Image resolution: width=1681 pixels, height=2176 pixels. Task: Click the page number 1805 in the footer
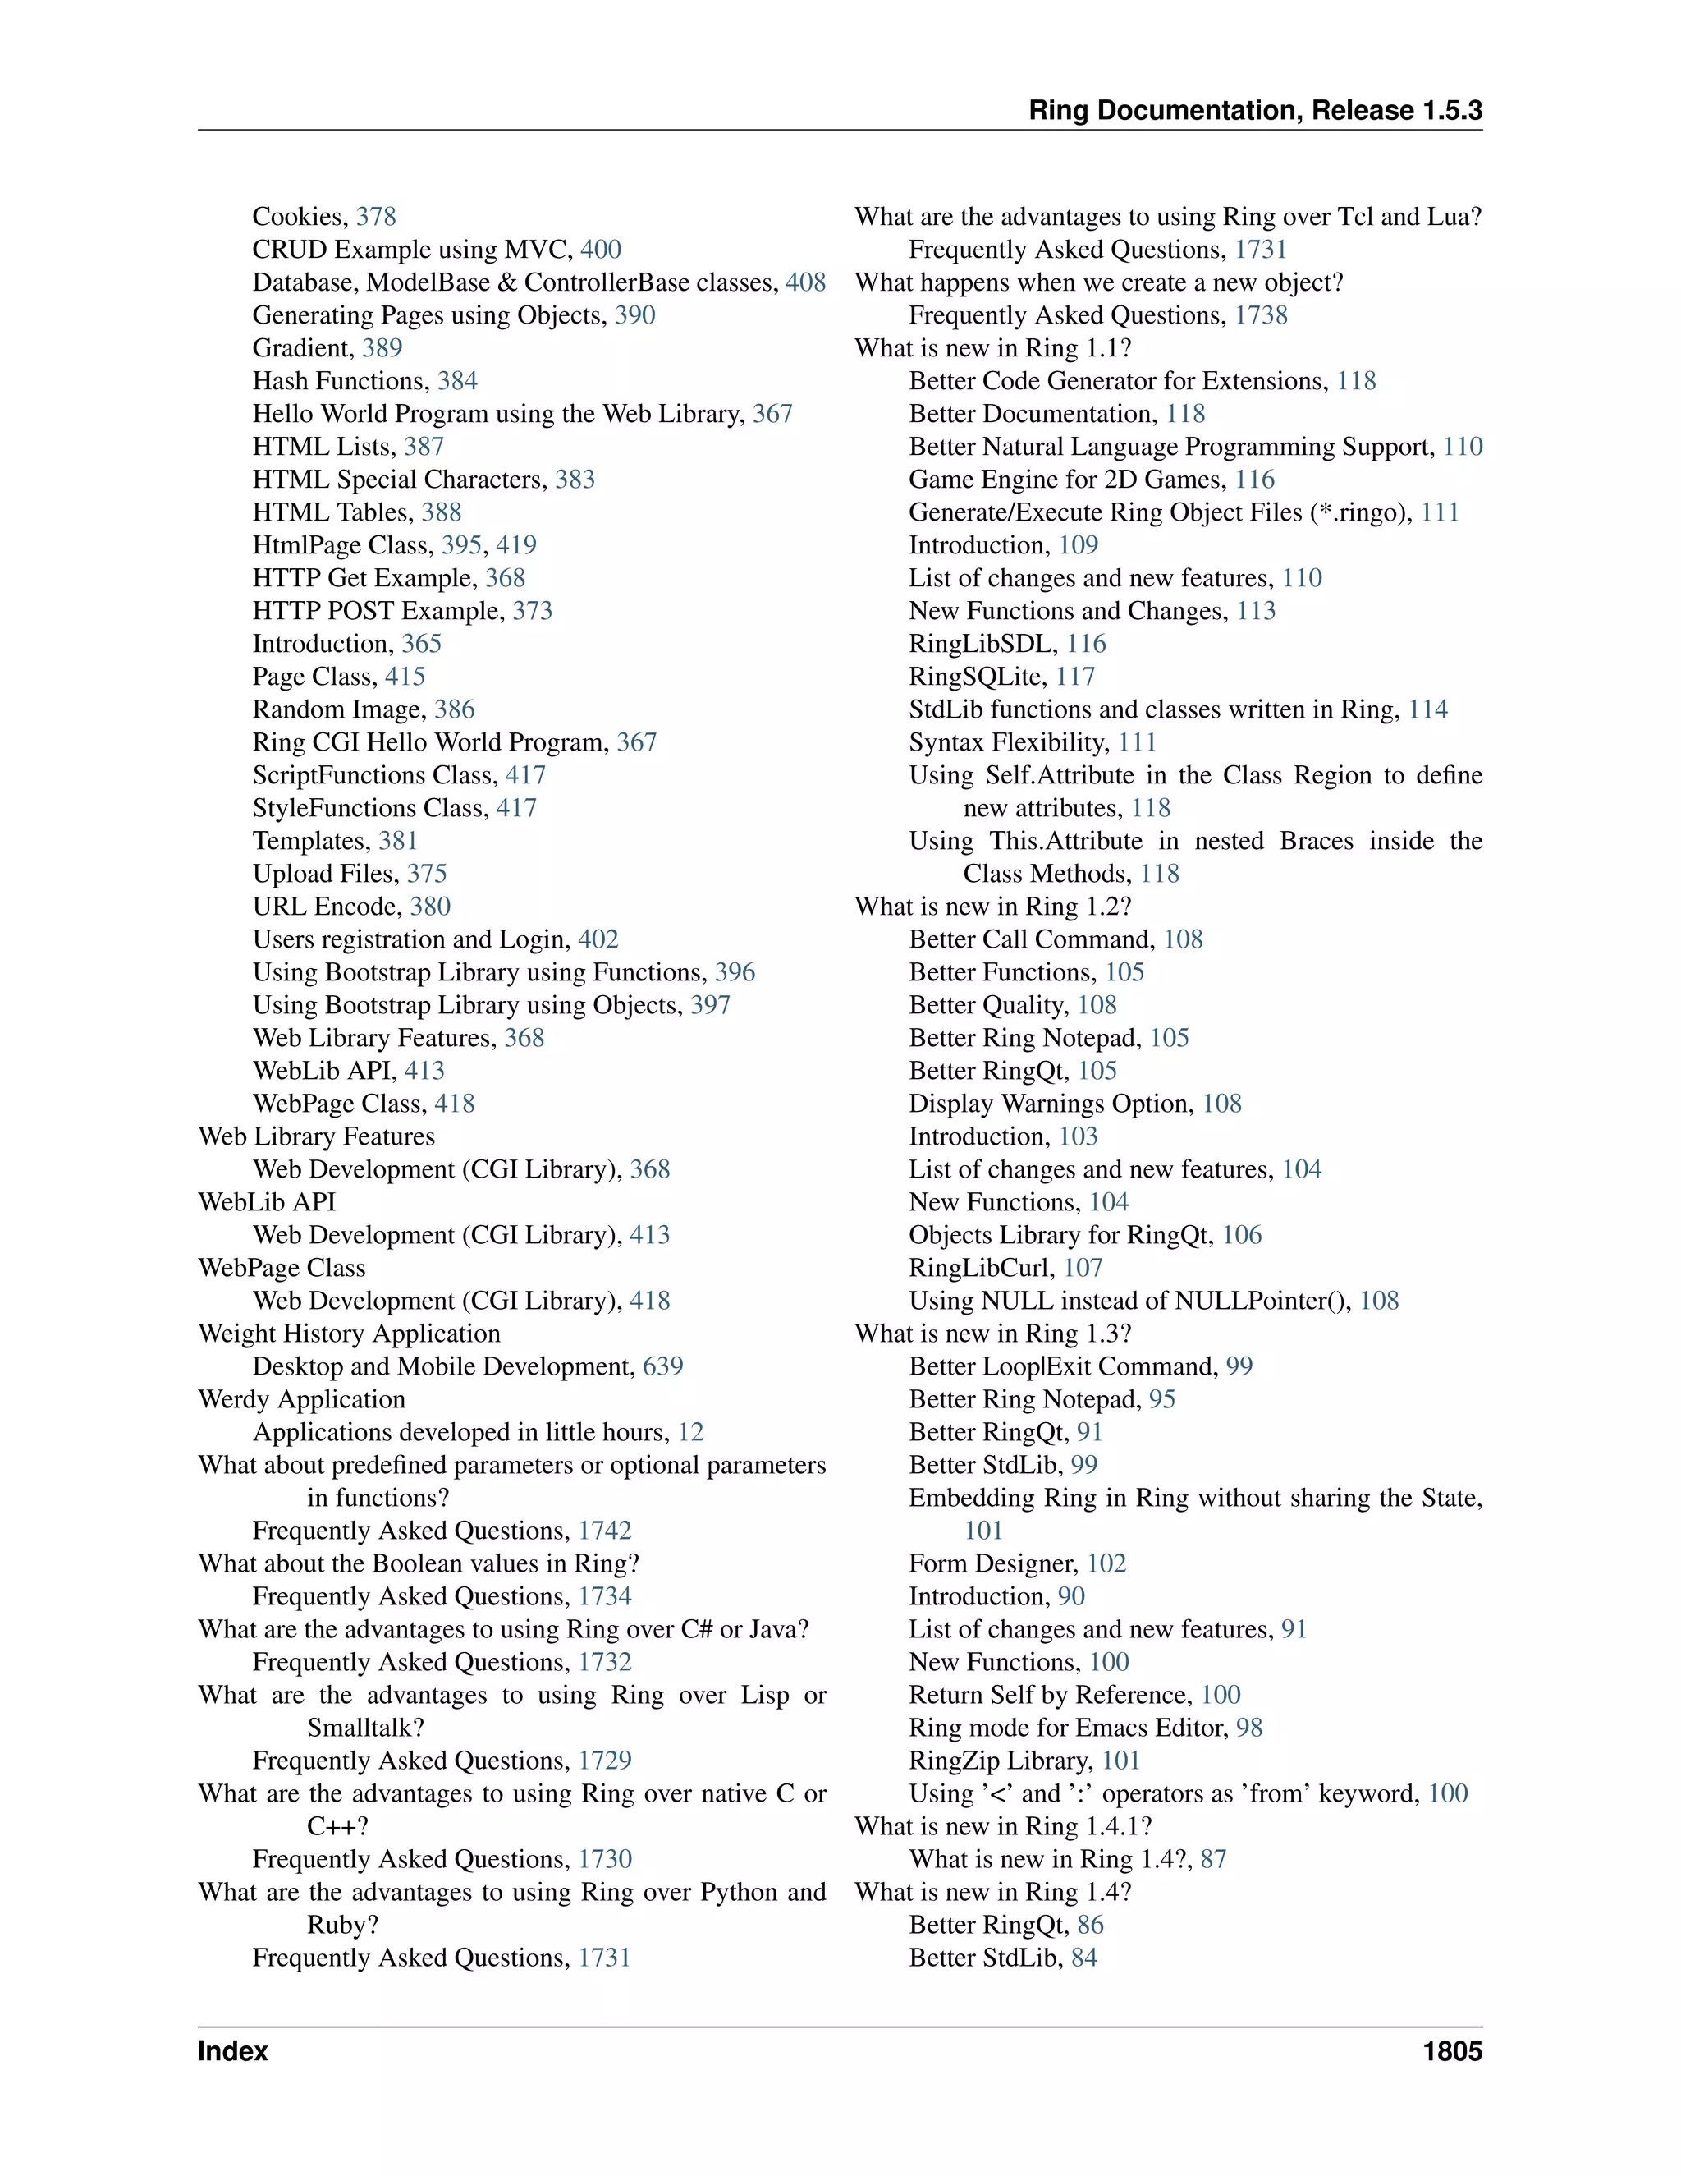click(1452, 2051)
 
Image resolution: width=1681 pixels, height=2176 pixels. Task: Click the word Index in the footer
click(233, 2051)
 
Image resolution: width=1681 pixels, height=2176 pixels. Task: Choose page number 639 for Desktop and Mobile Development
click(663, 1366)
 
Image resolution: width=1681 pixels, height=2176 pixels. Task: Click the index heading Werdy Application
click(302, 1399)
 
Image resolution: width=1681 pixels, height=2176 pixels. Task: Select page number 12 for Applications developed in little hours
click(691, 1432)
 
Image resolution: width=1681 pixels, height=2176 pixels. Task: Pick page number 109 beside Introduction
click(1079, 545)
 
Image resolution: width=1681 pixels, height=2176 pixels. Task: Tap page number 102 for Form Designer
click(1106, 1563)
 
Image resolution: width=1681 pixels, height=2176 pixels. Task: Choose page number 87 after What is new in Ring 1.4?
click(1213, 1859)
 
